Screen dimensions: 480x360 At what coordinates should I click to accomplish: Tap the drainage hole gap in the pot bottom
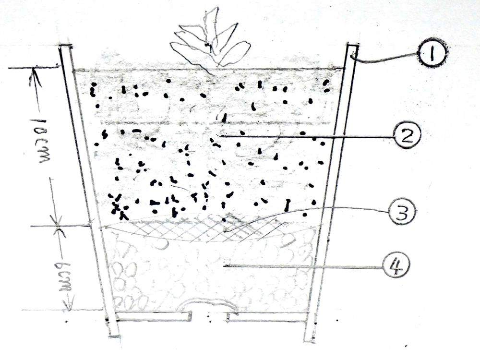coord(209,316)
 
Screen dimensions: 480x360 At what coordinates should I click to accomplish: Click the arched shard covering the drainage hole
coord(209,304)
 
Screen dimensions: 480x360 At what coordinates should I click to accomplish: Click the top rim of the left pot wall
coord(65,47)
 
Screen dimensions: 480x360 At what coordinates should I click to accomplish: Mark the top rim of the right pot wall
coord(352,45)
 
